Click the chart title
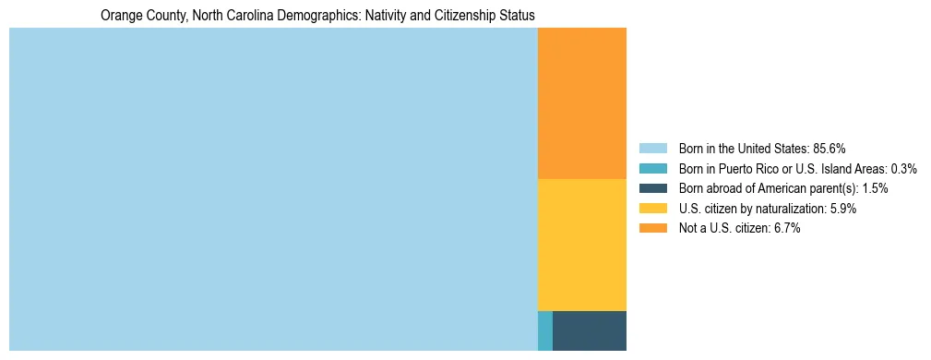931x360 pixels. click(x=317, y=16)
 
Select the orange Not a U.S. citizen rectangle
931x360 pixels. click(x=581, y=102)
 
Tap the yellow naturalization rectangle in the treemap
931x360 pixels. click(x=581, y=245)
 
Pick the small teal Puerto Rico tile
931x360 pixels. click(x=544, y=330)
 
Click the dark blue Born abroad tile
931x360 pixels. click(x=589, y=330)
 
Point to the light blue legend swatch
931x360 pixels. click(x=652, y=149)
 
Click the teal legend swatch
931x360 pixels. click(x=652, y=169)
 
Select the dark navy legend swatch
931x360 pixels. click(x=652, y=188)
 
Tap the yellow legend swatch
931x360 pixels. click(x=652, y=209)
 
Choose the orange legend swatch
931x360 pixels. click(x=652, y=229)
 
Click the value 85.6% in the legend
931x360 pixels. click(x=829, y=149)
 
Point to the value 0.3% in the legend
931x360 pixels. click(x=903, y=169)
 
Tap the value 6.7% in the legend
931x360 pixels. click(x=783, y=229)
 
